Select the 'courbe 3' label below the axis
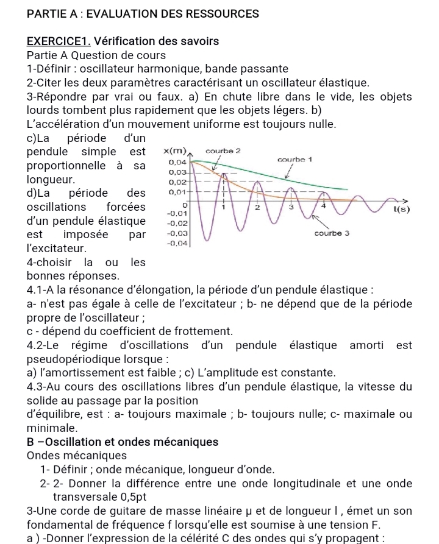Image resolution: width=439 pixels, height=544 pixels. click(x=330, y=233)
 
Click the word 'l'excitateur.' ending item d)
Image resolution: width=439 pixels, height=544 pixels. click(x=58, y=249)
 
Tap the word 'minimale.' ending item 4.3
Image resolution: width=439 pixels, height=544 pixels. click(x=55, y=428)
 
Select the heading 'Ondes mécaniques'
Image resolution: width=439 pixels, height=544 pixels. click(x=77, y=455)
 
